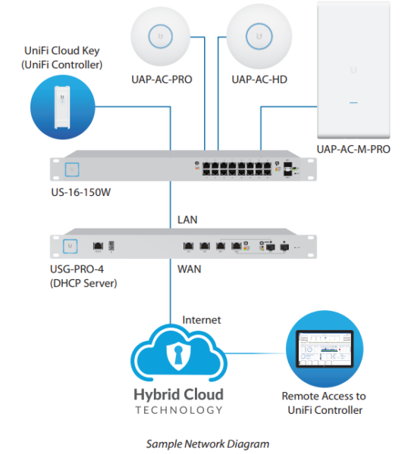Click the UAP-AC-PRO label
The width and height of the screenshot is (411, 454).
tap(159, 79)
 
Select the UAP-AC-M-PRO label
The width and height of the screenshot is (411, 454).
tap(353, 149)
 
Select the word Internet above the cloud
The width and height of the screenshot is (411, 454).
tap(201, 320)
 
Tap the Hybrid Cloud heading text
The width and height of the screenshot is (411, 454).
tap(178, 394)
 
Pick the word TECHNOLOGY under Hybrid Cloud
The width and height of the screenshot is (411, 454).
tap(178, 409)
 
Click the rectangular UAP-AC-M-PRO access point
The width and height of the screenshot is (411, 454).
tap(353, 70)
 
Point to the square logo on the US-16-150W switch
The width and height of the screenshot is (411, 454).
tap(72, 169)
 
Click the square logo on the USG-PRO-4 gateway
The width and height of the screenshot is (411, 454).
tap(71, 246)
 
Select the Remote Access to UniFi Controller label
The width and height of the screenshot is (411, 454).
tap(323, 403)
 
